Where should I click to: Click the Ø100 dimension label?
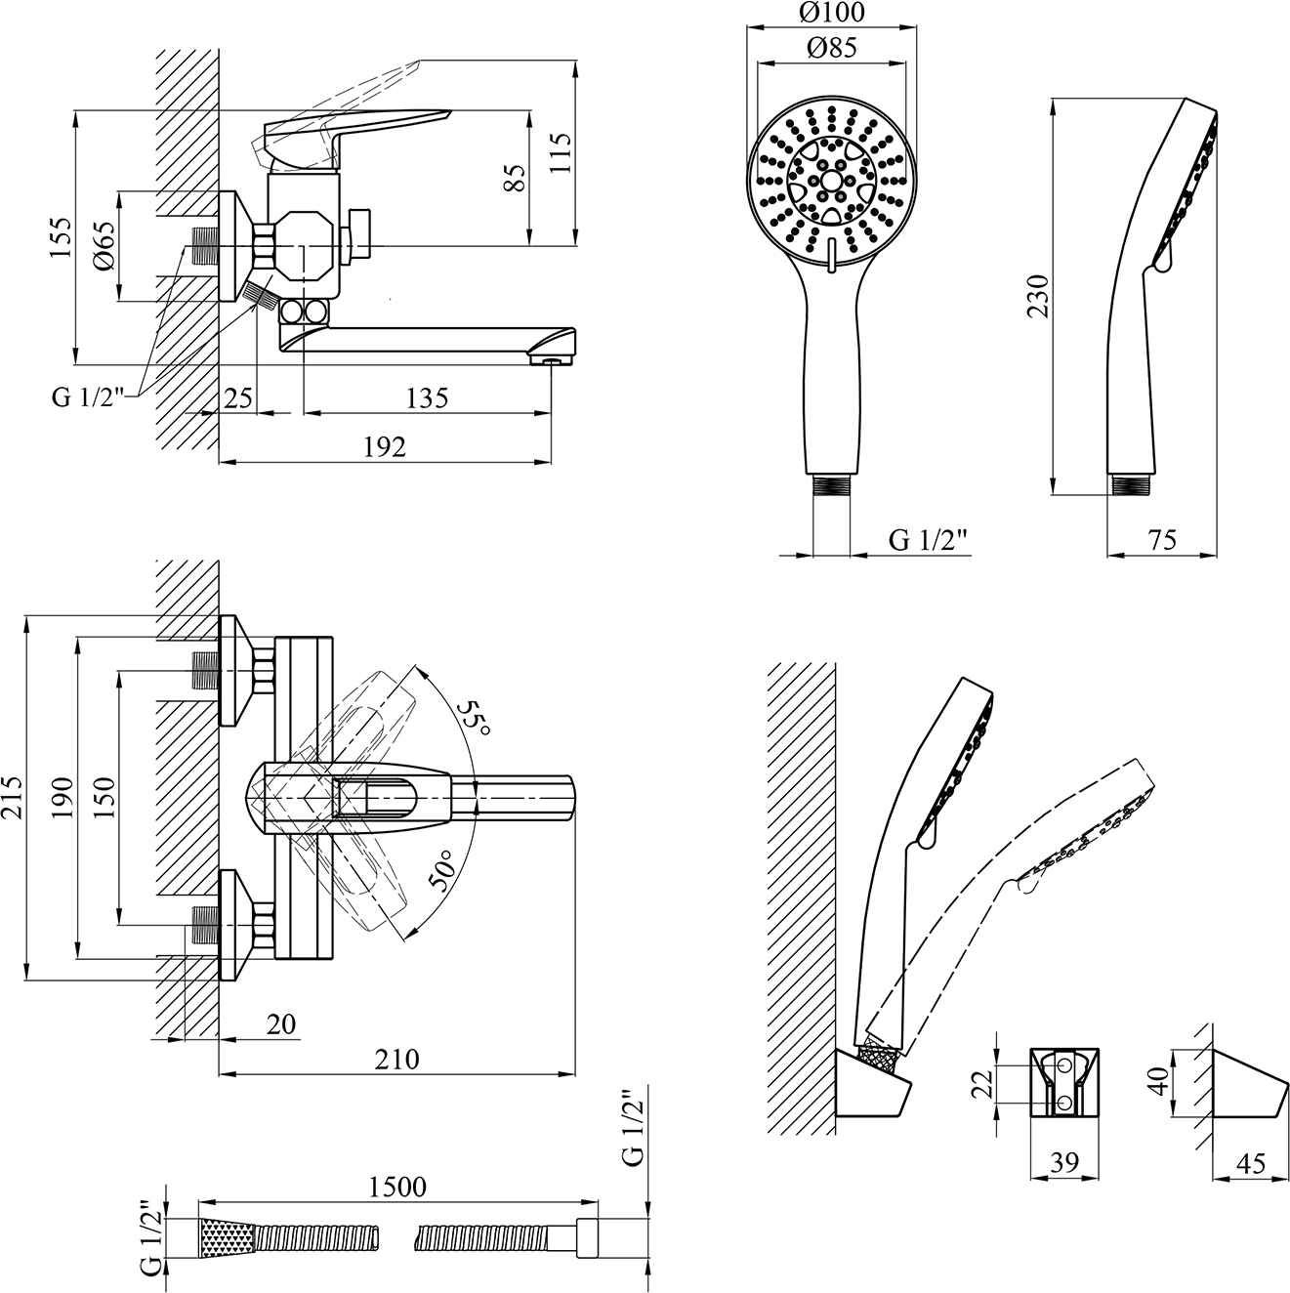[832, 12]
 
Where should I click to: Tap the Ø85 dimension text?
[832, 48]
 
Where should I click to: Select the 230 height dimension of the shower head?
[1039, 296]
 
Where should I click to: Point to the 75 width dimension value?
[1162, 539]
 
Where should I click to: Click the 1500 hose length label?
[397, 1187]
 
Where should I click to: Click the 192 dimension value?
[385, 447]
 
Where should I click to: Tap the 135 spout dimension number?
[427, 398]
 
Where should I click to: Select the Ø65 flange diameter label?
[105, 245]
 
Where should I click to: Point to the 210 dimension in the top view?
[397, 1060]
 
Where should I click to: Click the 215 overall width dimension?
[12, 797]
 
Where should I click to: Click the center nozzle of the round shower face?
[831, 181]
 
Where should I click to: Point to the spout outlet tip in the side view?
[552, 361]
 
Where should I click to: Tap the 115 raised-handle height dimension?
[562, 153]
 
